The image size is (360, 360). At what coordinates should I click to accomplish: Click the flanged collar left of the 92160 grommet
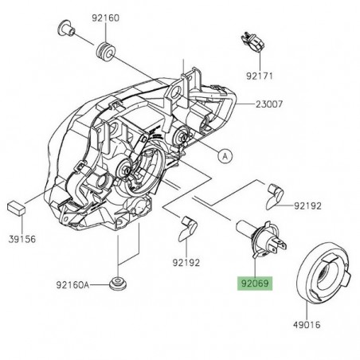pos(65,32)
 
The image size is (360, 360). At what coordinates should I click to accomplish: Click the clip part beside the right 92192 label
pos(276,191)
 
